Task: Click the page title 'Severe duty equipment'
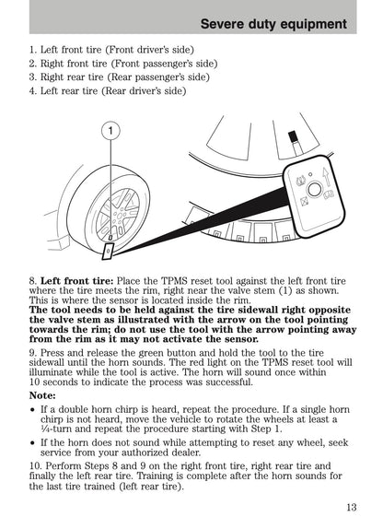click(x=273, y=24)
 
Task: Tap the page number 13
click(x=353, y=508)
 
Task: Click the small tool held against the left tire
click(x=109, y=248)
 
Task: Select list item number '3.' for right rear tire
click(x=33, y=77)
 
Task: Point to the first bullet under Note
click(x=32, y=408)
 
